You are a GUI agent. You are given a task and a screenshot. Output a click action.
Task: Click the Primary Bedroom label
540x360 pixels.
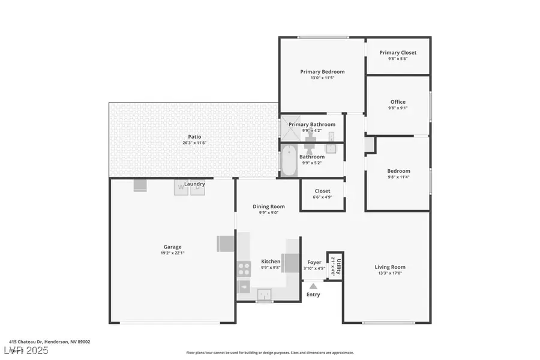(x=322, y=71)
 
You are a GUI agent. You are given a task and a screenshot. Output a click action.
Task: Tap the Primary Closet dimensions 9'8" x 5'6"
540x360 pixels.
(x=398, y=59)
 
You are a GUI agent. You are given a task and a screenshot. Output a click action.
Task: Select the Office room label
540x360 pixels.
(x=398, y=102)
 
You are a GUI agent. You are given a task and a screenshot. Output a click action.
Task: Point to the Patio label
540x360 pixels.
(x=194, y=137)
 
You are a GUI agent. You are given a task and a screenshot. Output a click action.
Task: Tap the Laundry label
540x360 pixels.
(x=194, y=184)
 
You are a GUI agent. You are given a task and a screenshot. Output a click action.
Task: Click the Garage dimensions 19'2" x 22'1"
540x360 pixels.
(x=173, y=254)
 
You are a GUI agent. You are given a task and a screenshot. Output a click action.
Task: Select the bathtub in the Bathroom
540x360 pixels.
(x=289, y=160)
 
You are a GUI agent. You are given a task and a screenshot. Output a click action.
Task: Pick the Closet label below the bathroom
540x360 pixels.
(x=322, y=191)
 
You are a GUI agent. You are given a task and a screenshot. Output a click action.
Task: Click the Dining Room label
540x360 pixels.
(x=268, y=206)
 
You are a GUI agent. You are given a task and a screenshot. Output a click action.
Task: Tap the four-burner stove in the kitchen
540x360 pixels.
(x=244, y=269)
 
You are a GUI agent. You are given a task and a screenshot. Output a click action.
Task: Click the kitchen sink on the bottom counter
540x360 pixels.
(x=264, y=293)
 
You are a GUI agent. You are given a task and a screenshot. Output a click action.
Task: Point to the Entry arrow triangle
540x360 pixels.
(x=313, y=286)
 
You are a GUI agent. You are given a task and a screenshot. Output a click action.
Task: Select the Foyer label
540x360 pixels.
(x=314, y=262)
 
